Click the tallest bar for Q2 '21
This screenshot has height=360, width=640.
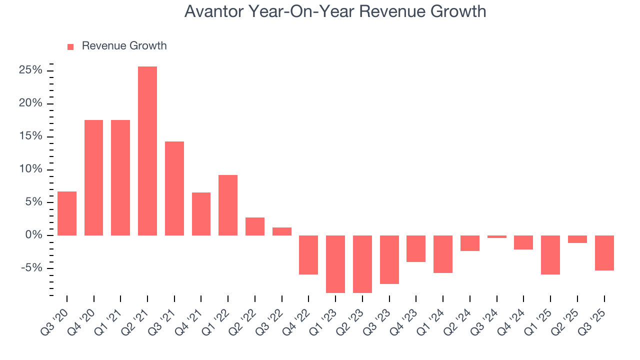tap(147, 151)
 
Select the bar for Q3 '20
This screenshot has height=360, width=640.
tap(67, 213)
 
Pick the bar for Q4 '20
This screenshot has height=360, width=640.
tap(93, 177)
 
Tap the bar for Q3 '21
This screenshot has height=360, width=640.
tap(174, 188)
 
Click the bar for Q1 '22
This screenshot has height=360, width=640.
tap(228, 205)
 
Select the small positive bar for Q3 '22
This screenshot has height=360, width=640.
tap(282, 231)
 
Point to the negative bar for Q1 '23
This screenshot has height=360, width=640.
tap(335, 264)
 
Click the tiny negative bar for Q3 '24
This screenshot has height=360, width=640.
tap(496, 236)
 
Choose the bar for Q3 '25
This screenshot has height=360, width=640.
tap(604, 253)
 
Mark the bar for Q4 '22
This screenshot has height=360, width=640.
tap(308, 255)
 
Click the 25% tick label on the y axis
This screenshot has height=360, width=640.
tap(30, 70)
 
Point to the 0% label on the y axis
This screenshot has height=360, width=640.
tap(34, 235)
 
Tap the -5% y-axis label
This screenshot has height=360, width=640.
tap(32, 268)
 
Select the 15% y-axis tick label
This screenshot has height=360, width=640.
tap(30, 136)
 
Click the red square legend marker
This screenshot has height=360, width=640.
tap(70, 46)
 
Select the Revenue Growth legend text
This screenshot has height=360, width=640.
tap(124, 46)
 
